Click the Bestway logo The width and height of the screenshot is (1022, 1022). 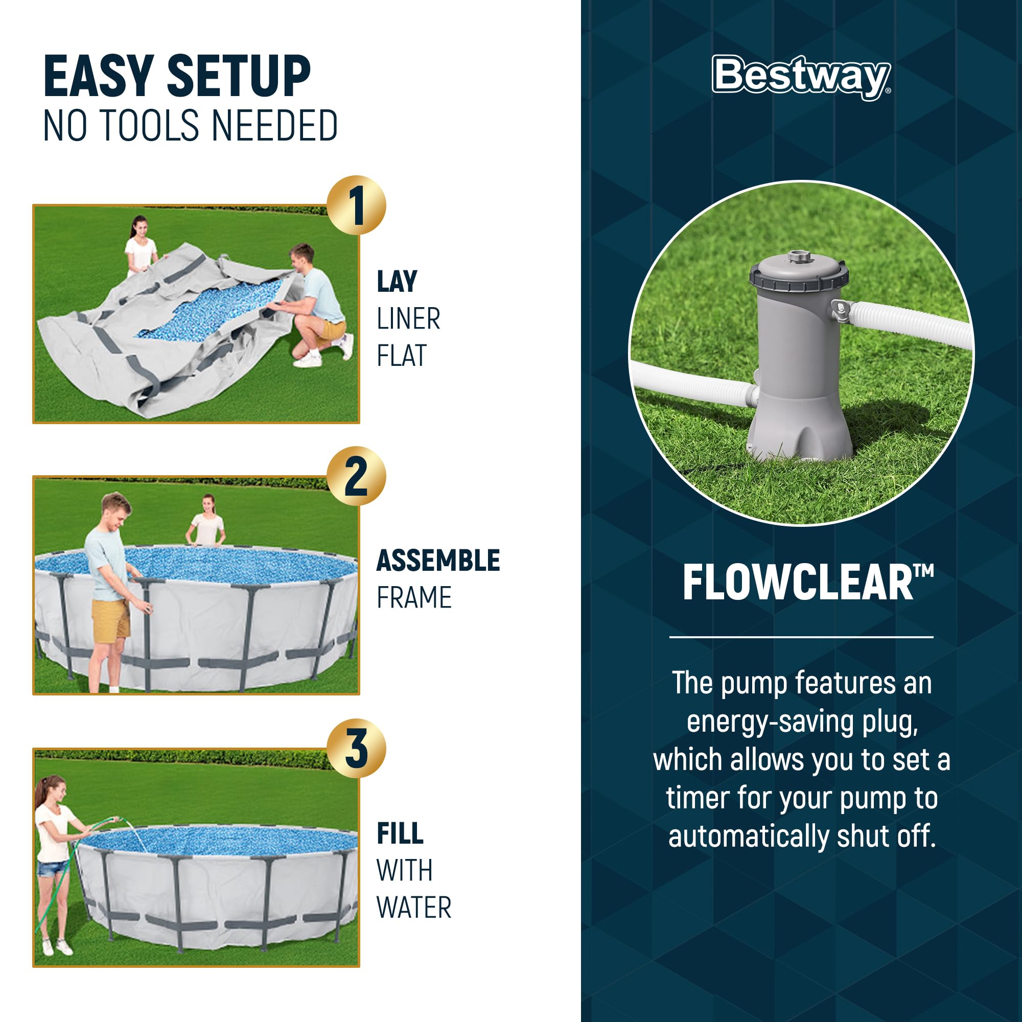[800, 77]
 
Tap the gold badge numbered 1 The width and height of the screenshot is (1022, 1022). [356, 205]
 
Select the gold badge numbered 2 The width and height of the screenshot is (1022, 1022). [356, 477]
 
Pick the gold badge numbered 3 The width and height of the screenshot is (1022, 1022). [356, 748]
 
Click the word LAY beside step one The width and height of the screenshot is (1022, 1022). [397, 282]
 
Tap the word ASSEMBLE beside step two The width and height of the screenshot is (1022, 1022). [437, 561]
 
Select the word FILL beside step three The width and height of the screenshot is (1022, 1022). [400, 833]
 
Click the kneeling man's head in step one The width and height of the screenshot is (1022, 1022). [302, 257]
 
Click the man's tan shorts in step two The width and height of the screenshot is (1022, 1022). [110, 621]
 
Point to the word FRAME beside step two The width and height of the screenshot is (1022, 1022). [414, 598]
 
